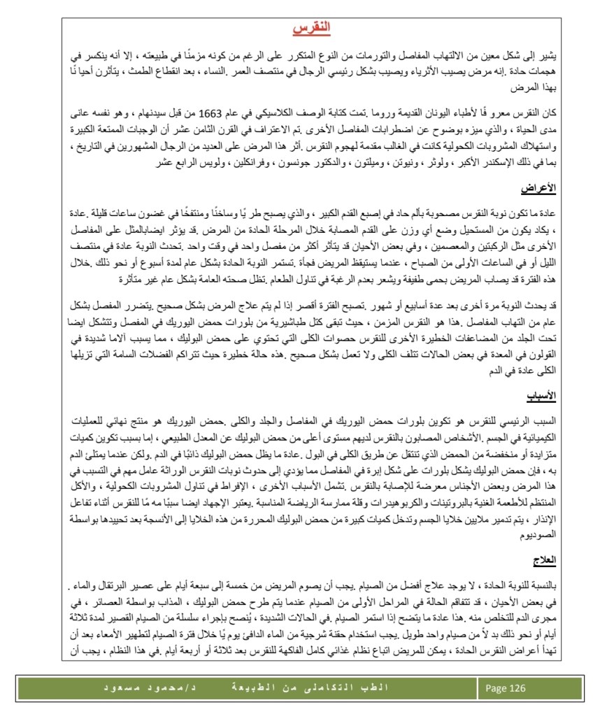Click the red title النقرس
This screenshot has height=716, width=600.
tap(310, 29)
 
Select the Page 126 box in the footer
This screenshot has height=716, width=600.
tap(506, 688)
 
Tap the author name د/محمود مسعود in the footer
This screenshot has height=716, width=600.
tap(148, 688)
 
